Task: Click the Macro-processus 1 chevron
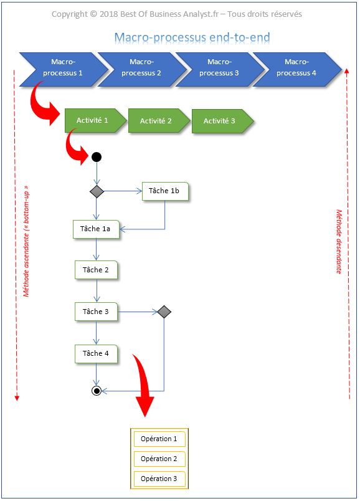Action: (62, 69)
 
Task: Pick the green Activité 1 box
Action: (93, 120)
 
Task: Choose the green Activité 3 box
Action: (220, 121)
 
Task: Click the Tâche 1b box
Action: (164, 191)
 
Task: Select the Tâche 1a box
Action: (96, 229)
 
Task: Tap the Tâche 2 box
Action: (96, 270)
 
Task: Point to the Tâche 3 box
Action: (96, 312)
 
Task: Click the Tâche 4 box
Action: (96, 353)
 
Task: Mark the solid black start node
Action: (96, 157)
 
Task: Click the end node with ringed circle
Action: (96, 391)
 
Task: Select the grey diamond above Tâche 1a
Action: (96, 191)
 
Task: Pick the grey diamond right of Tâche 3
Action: (164, 312)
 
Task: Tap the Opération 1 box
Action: (159, 439)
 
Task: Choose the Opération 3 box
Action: (159, 479)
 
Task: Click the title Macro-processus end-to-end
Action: (192, 38)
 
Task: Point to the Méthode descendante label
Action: (339, 241)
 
